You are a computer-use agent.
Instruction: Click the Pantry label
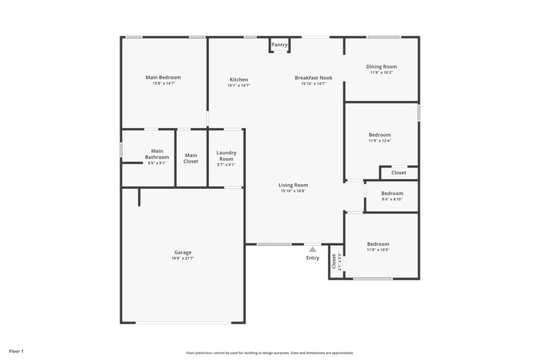point(279,45)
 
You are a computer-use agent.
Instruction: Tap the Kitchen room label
point(238,80)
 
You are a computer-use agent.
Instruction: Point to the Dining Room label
point(381,67)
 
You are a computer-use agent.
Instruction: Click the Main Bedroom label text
point(163,77)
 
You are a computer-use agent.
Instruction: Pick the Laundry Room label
point(226,156)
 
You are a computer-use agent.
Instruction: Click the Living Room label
point(293,185)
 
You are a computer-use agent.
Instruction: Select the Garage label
point(182,252)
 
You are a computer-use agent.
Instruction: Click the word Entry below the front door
point(312,257)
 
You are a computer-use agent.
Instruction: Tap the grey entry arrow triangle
point(312,249)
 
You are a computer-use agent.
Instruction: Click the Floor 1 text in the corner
point(16,352)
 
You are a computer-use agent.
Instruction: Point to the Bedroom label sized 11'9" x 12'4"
point(379,135)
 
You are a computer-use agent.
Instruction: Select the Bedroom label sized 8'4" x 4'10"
point(392,193)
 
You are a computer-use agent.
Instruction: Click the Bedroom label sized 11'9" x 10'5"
point(378,244)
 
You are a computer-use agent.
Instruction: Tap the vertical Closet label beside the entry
point(334,261)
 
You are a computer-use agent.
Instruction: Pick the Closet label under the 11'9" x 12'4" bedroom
point(398,173)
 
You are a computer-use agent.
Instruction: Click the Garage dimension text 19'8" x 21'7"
point(182,258)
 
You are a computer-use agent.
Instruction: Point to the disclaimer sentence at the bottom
point(269,352)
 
